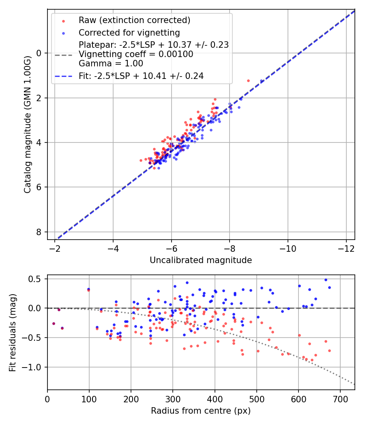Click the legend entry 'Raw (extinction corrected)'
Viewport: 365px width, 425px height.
coord(134,20)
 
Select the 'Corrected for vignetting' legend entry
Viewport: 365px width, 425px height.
coord(129,32)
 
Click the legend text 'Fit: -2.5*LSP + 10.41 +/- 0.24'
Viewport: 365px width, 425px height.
coord(141,76)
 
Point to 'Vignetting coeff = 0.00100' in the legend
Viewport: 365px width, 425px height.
coord(136,54)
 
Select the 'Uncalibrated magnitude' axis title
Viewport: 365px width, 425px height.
coord(201,260)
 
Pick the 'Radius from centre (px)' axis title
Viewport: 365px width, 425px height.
coord(201,411)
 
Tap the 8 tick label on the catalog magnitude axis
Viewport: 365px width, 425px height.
coord(39,232)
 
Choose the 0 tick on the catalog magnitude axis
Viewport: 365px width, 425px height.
coord(39,53)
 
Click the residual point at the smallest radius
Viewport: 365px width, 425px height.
coord(54,323)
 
